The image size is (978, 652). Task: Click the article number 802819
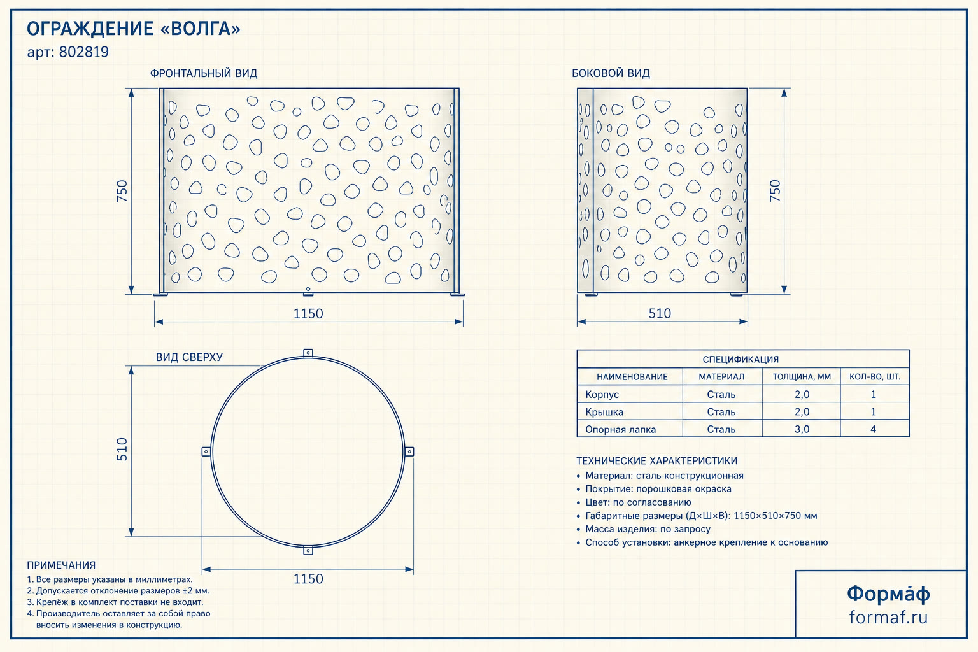[84, 52]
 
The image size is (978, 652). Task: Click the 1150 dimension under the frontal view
[308, 313]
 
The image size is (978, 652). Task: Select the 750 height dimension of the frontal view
[122, 191]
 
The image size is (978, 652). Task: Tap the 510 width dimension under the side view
[660, 313]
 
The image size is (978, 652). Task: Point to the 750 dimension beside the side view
[774, 190]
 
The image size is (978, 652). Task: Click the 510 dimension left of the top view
[122, 450]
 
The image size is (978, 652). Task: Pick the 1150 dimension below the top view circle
[308, 579]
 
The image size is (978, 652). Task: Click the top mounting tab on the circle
[308, 353]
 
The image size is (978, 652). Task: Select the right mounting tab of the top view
[409, 451]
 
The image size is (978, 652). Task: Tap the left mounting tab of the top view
[206, 451]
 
